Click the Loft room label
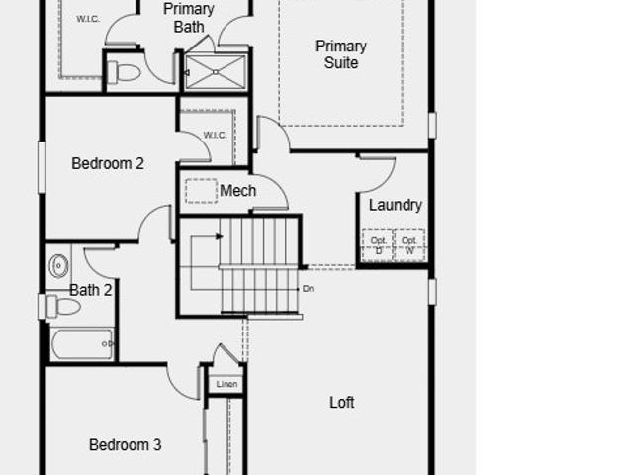click(x=342, y=403)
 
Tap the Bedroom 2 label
click(x=108, y=163)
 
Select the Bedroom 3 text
click(x=126, y=445)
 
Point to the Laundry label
click(x=396, y=205)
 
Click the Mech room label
click(x=237, y=191)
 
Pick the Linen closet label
click(x=226, y=384)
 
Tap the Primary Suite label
click(x=341, y=54)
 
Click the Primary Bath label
click(x=189, y=18)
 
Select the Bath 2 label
click(x=90, y=290)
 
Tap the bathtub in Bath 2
click(x=82, y=344)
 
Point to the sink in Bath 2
click(x=59, y=266)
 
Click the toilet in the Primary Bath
click(x=125, y=72)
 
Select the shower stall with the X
click(x=216, y=72)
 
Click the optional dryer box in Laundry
click(x=378, y=244)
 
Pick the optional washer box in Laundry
click(x=409, y=244)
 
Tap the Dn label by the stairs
click(x=308, y=289)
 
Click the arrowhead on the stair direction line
click(x=220, y=236)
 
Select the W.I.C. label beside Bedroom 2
click(x=215, y=135)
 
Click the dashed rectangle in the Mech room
click(x=202, y=191)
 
